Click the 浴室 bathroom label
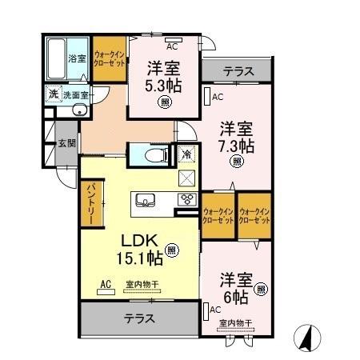pos(76,58)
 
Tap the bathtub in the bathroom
pos(55,57)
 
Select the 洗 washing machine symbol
pos(52,94)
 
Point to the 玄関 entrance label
pos(65,144)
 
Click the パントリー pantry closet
pos(90,203)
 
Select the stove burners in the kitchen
pos(186,200)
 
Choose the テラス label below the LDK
pos(138,318)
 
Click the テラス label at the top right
pos(239,70)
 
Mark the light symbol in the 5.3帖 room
pos(164,102)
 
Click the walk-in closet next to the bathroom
pos(107,57)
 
